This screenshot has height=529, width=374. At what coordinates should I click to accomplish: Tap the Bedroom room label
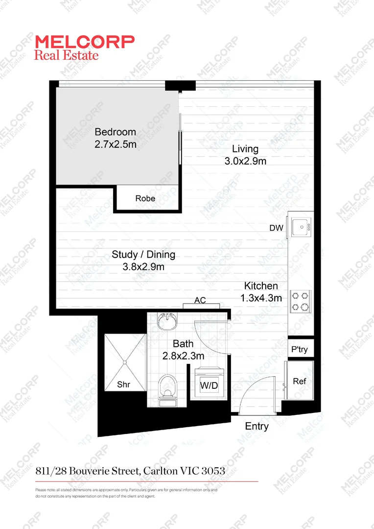click(115, 132)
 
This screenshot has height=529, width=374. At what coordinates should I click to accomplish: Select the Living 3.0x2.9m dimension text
click(245, 161)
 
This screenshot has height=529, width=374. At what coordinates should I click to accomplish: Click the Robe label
click(145, 198)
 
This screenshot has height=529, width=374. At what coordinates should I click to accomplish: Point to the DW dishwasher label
click(276, 228)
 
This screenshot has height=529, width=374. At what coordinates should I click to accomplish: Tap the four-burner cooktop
click(301, 301)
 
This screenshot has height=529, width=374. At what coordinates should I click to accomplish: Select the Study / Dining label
click(143, 255)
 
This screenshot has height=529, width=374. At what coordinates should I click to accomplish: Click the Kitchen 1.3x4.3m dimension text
click(261, 297)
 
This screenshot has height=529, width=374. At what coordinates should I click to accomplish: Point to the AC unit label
click(200, 300)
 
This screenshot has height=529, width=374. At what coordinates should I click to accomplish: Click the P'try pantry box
click(300, 349)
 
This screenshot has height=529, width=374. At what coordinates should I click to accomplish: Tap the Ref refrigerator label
click(300, 381)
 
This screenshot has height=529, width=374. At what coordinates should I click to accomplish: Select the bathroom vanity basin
click(167, 321)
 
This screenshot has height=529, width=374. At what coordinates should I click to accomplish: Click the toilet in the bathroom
click(167, 387)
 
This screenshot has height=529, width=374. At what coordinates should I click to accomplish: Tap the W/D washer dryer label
click(209, 385)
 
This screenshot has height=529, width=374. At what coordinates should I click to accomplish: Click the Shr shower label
click(123, 385)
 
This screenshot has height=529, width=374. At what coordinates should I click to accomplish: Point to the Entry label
click(257, 426)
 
